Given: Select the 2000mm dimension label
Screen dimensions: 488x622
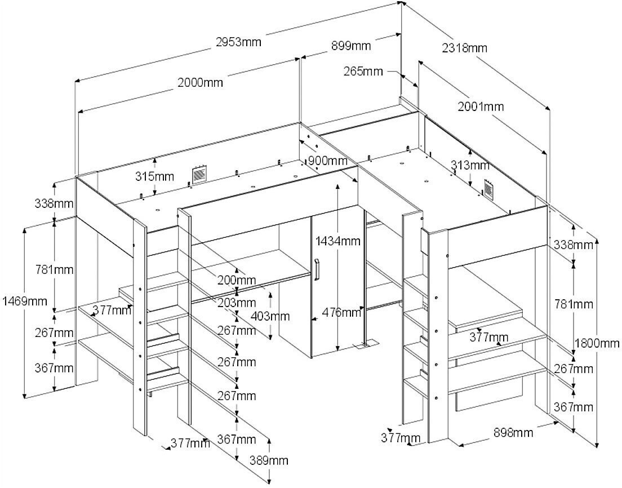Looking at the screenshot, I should pos(201,83).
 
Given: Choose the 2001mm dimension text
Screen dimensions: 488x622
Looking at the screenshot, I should pos(481,107).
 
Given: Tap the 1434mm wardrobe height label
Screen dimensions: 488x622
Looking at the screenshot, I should pos(338,242).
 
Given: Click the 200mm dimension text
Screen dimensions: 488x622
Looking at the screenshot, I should pos(237,280).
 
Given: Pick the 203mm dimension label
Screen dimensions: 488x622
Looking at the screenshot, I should pos(237,303).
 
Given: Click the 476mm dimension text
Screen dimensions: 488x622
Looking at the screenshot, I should pos(343,312).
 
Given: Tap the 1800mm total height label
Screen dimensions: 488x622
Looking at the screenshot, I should pos(598,343).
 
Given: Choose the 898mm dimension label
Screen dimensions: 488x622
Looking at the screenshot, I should pos(514,433).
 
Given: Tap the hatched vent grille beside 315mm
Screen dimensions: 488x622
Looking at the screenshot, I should pos(198,175).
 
